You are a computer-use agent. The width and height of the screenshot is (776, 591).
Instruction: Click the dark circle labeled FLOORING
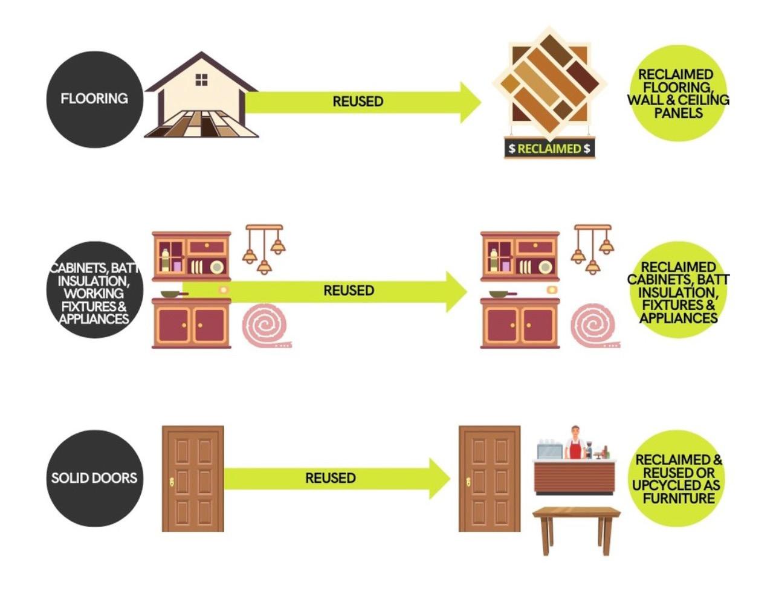click(x=95, y=99)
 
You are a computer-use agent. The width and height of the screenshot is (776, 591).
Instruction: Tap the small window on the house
click(x=201, y=79)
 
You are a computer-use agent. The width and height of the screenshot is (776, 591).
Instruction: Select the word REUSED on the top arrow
click(x=358, y=102)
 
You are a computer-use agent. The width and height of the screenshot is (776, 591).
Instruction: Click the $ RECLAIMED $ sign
click(x=549, y=149)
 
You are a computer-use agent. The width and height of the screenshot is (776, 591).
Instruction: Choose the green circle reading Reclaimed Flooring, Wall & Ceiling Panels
click(x=677, y=93)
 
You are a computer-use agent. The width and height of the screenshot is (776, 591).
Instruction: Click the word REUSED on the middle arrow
click(x=349, y=291)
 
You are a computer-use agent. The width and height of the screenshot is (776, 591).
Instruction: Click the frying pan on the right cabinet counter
click(x=502, y=294)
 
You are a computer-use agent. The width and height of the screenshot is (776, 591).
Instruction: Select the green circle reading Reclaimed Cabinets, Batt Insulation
click(x=677, y=292)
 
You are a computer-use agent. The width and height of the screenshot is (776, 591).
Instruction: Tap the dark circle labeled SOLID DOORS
click(x=95, y=478)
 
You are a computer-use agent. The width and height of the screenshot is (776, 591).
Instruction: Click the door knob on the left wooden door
click(x=172, y=482)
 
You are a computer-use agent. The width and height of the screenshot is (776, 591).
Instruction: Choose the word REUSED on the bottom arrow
click(x=330, y=478)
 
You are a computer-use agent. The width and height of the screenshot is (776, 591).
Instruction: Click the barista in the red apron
click(x=575, y=443)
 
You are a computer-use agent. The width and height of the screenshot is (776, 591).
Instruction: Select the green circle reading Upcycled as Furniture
click(x=677, y=479)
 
